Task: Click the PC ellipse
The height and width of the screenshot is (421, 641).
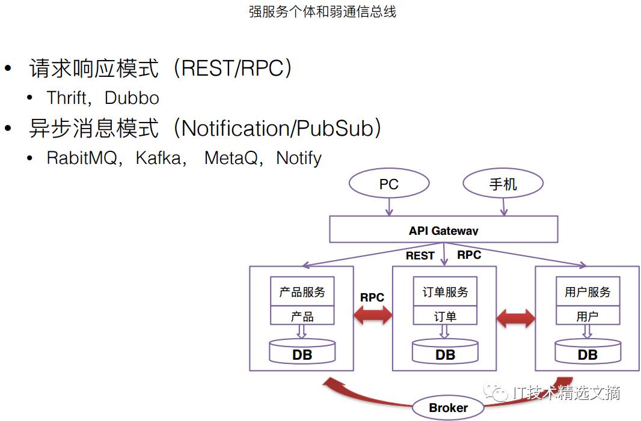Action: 388,184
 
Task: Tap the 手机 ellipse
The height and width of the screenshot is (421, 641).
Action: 503,184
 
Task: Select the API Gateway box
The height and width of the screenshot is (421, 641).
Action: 443,230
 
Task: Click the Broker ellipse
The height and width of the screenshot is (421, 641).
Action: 448,408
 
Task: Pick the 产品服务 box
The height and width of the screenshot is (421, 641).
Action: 302,292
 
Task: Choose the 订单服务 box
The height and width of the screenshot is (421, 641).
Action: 445,292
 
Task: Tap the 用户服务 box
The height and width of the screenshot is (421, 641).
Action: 587,292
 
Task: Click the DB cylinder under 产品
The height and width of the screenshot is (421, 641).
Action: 302,353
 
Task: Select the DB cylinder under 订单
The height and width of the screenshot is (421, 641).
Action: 445,353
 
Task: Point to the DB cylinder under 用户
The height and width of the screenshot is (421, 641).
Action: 587,353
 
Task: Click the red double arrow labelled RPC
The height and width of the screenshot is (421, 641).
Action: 373,315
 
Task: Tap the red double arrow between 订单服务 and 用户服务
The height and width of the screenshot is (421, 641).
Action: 516,318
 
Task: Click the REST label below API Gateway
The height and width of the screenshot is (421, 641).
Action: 420,256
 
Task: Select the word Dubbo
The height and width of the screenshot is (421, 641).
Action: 132,98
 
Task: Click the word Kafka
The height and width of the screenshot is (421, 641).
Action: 158,158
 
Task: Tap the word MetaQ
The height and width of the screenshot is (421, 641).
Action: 232,158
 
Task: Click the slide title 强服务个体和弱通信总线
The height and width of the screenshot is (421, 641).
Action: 322,11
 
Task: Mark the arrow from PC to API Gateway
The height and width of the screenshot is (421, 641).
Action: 389,206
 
